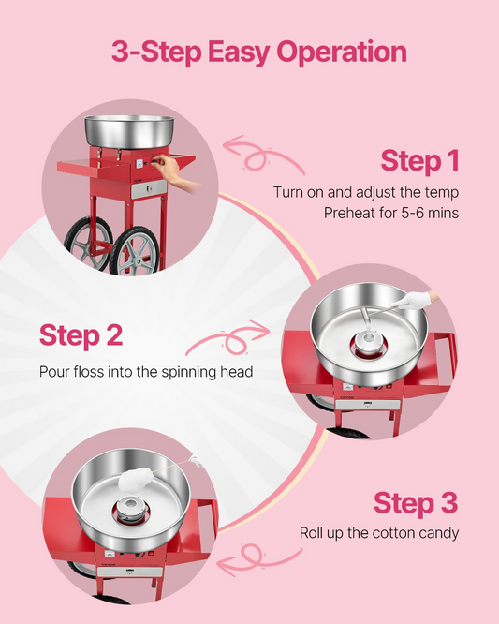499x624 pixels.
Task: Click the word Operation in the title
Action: click(x=342, y=52)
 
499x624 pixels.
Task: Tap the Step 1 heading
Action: click(x=419, y=160)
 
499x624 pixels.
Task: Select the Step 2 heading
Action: click(x=81, y=335)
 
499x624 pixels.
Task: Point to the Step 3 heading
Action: click(x=416, y=502)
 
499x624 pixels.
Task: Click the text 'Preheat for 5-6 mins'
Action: click(x=391, y=213)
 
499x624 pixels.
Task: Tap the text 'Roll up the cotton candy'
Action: click(x=379, y=533)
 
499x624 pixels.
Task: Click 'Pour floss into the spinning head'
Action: click(x=146, y=372)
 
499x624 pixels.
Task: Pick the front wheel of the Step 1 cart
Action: click(x=135, y=251)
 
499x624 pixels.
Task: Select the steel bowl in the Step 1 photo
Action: click(x=129, y=132)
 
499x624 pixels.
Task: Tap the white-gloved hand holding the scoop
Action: click(x=418, y=300)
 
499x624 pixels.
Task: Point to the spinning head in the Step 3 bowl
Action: click(x=131, y=509)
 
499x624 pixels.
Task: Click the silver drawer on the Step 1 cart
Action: click(x=149, y=188)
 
